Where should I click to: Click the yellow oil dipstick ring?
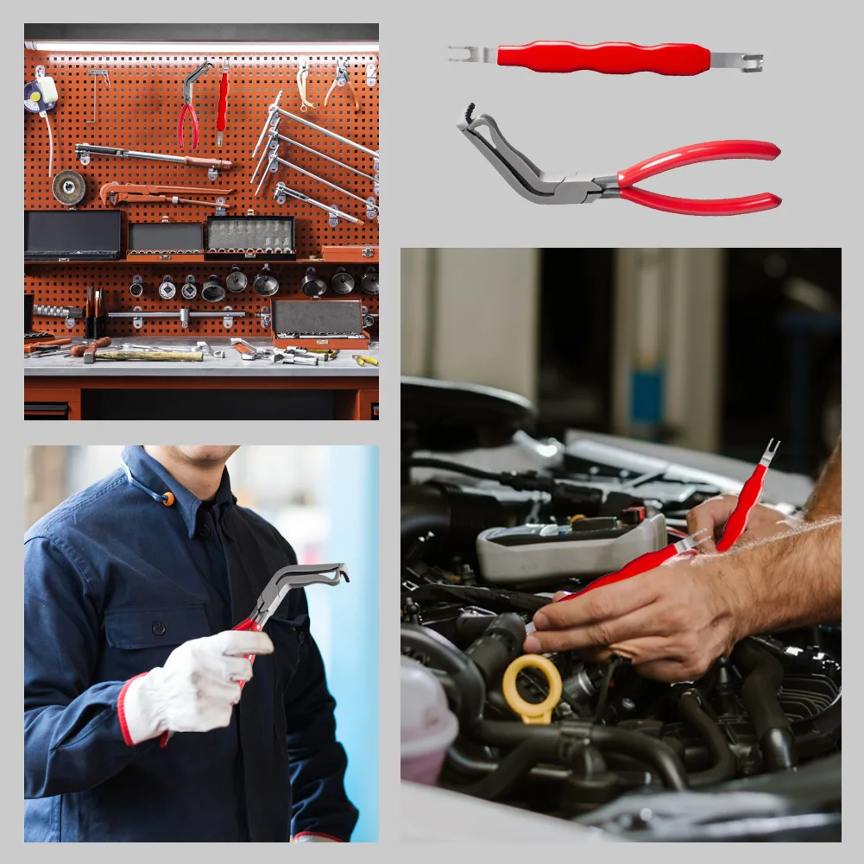point(532,687)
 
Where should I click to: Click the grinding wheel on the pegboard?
point(69,186)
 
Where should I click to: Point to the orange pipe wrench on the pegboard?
point(164,192)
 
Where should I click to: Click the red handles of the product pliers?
point(699,176)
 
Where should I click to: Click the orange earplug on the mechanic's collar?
point(167,499)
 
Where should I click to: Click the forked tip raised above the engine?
point(768,452)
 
